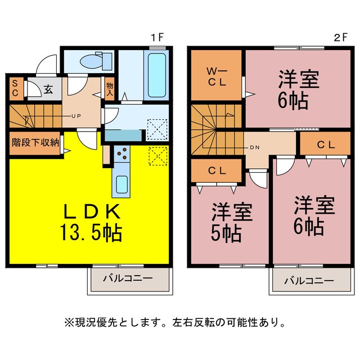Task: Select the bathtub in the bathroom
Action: click(155, 76)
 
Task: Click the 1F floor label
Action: click(157, 39)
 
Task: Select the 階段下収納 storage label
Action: click(35, 142)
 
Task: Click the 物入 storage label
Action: click(110, 89)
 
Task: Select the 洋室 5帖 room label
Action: click(231, 222)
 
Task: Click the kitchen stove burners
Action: click(122, 154)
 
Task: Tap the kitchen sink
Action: click(121, 182)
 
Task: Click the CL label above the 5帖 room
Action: click(218, 170)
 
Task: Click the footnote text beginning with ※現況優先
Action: click(175, 323)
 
